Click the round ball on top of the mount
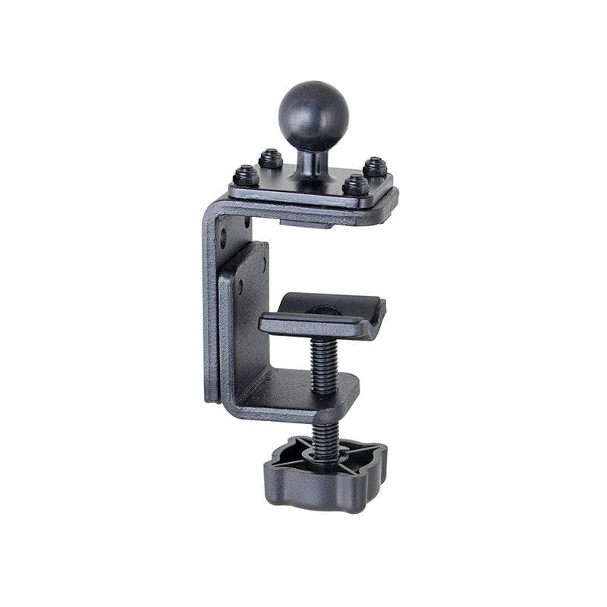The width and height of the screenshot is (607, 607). [x=313, y=116]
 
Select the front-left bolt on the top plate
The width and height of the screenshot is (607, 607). [x=246, y=176]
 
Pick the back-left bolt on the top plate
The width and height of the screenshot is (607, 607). [x=271, y=159]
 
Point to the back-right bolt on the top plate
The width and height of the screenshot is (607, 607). [x=375, y=167]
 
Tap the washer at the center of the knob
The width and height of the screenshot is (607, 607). [x=324, y=453]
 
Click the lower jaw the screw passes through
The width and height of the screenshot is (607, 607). [x=303, y=395]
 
